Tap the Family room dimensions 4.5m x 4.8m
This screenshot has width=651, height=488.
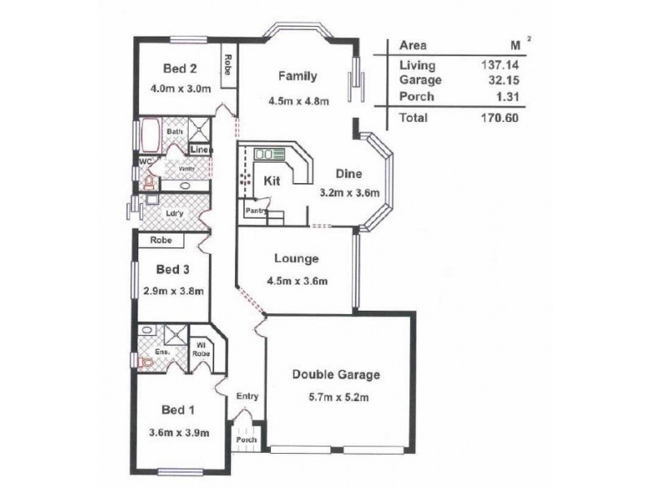(297, 102)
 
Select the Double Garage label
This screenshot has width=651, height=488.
(336, 375)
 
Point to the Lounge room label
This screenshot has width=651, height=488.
(295, 259)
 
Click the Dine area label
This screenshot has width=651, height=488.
(350, 173)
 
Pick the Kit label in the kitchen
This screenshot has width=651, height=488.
(272, 181)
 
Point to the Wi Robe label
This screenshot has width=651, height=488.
(201, 349)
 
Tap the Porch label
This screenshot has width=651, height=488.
(247, 440)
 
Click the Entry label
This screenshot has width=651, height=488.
(247, 396)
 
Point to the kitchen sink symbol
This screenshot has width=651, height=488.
(265, 154)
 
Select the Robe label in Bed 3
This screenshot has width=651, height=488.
(159, 241)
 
